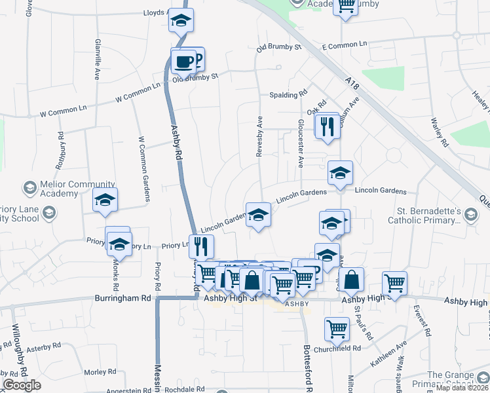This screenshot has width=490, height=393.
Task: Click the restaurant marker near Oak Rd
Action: tap(328, 126)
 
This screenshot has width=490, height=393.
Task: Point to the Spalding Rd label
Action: tap(288, 95)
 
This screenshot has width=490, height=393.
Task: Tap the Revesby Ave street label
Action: tap(259, 136)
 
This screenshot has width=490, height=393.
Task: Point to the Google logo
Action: tap(22, 384)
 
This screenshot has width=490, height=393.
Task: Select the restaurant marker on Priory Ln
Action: tap(202, 246)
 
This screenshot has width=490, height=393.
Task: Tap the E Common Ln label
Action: tap(345, 45)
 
